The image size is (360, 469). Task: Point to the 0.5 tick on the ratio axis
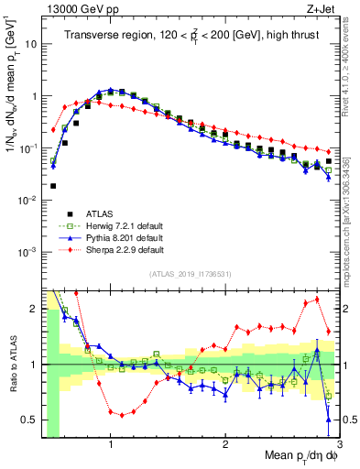(x=31, y=420)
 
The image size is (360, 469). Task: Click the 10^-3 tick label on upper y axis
(x=29, y=251)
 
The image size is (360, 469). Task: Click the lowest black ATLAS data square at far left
(x=53, y=185)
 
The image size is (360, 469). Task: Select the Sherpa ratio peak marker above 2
(x=318, y=300)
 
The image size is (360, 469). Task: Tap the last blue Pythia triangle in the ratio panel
(x=329, y=420)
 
